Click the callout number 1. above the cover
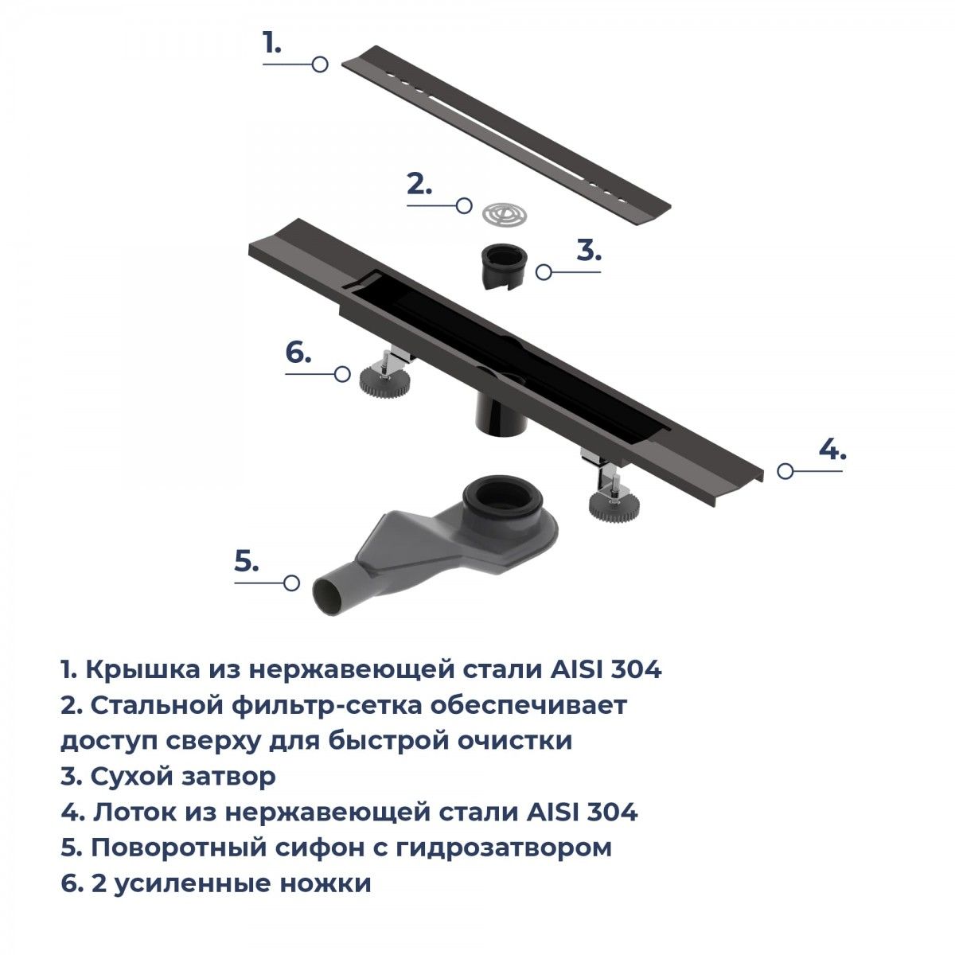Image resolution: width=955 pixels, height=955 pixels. pos(272,43)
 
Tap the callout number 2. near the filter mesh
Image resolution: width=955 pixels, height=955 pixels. pos(419,184)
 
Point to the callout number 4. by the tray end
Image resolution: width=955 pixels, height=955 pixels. pos(832,450)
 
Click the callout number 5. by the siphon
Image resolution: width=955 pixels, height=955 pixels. pos(246,561)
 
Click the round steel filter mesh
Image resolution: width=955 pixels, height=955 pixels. pos(505,214)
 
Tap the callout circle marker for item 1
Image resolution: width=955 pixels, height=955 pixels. pos(320,64)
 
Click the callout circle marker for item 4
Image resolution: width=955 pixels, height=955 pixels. pos(785,471)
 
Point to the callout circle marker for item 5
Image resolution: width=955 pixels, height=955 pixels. pos(292,583)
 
